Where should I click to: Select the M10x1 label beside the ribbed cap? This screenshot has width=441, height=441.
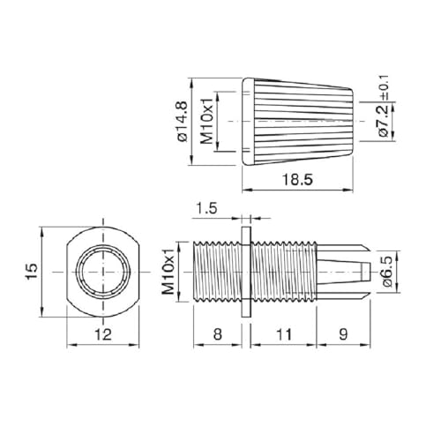[209, 120]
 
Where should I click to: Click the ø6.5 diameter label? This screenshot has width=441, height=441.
[386, 270]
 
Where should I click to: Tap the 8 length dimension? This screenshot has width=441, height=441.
[216, 335]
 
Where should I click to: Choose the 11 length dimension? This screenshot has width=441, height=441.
[282, 335]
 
